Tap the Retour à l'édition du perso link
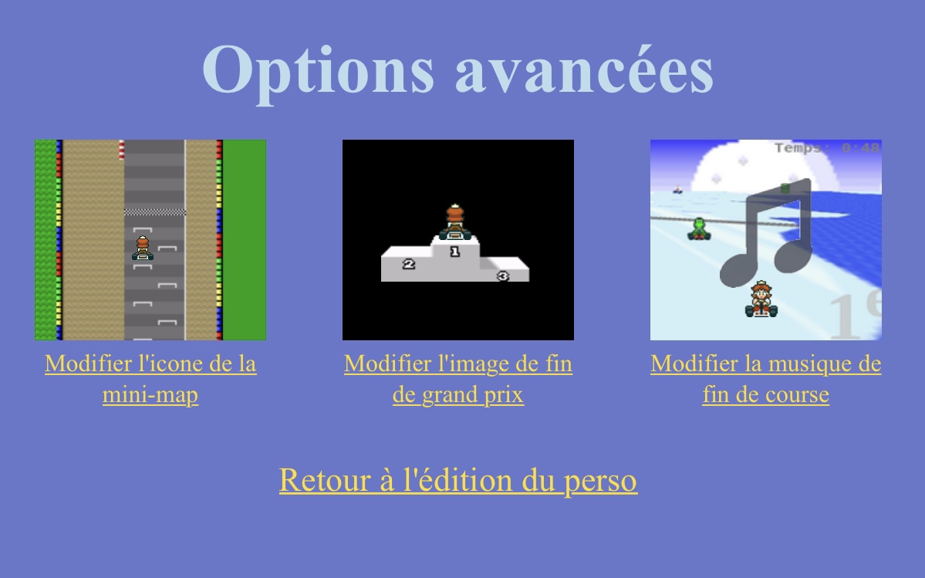458,480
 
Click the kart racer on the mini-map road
143,248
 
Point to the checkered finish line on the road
154,211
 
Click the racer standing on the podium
454,222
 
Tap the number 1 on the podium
454,252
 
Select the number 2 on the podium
409,264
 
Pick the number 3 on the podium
502,275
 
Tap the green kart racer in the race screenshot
698,228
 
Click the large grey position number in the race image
852,316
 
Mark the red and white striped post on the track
121,149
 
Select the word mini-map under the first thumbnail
150,395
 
